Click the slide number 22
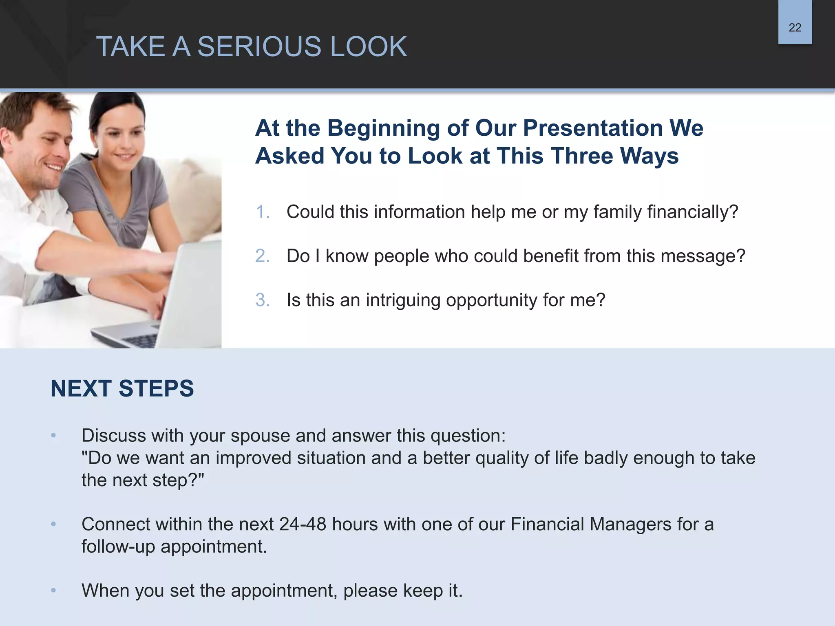click(795, 28)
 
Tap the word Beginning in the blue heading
click(383, 128)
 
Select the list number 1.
click(263, 212)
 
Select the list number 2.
click(263, 256)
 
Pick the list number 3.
click(263, 300)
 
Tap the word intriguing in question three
click(403, 300)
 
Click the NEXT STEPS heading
click(122, 388)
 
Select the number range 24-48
click(303, 525)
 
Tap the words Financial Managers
click(590, 525)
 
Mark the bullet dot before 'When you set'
click(53, 591)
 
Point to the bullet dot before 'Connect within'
click(53, 525)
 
